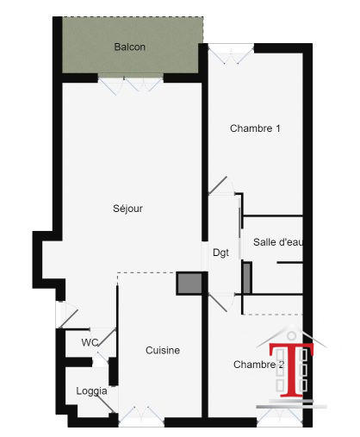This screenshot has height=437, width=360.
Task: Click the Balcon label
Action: click(129, 47)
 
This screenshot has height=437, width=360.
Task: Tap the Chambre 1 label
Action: click(255, 128)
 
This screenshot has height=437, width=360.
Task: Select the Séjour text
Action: click(127, 209)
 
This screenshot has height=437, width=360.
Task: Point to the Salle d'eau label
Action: click(277, 242)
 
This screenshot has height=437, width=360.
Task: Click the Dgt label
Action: click(220, 253)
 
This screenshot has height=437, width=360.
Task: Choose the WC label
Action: click(90, 342)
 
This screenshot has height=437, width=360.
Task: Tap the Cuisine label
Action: click(162, 350)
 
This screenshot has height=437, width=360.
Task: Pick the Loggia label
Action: click(91, 390)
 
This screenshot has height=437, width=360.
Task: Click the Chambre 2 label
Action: click(258, 365)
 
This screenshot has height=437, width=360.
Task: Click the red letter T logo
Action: click(290, 368)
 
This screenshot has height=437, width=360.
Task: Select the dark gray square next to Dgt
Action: click(188, 284)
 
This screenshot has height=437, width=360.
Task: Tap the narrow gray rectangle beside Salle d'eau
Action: click(246, 278)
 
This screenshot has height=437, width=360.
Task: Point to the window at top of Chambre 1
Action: click(229, 53)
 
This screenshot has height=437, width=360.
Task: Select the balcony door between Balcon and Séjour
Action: click(129, 84)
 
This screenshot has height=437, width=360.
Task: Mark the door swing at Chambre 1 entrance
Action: click(219, 188)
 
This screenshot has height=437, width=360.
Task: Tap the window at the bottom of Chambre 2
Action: click(279, 415)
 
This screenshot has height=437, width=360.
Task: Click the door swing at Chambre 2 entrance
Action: click(220, 301)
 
